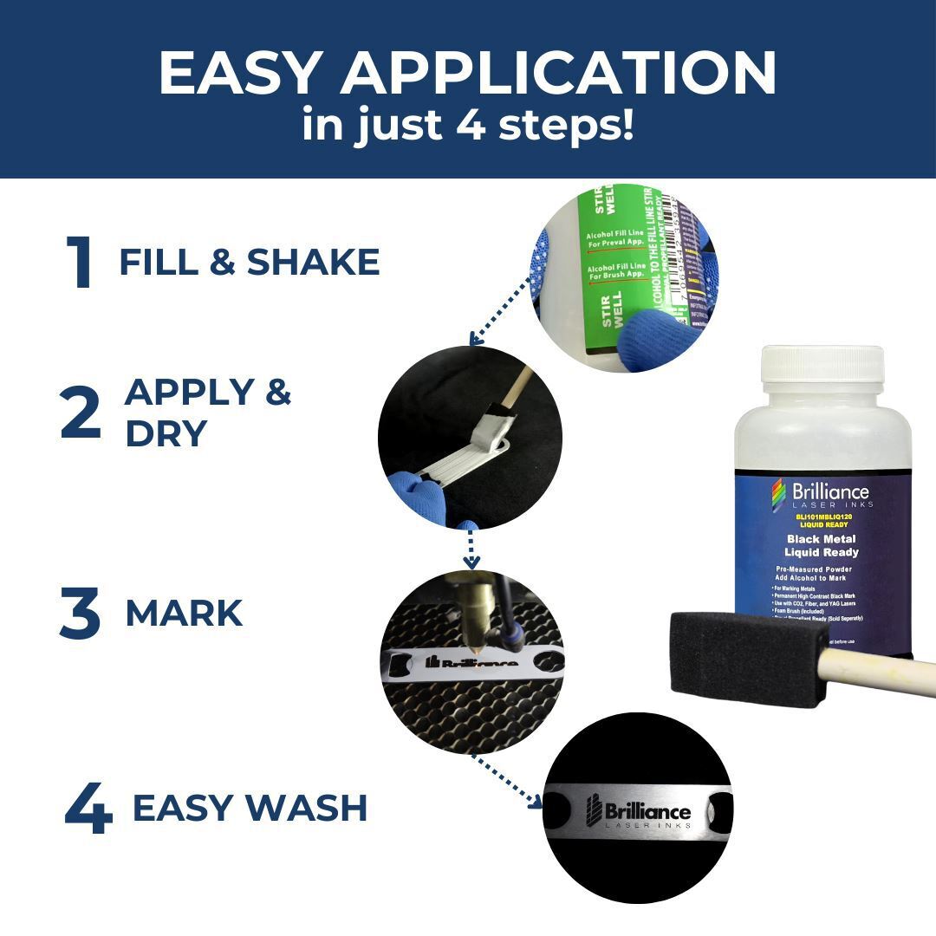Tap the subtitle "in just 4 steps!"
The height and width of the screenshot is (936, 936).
pos(468,124)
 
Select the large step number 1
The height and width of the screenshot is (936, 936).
pos(80,263)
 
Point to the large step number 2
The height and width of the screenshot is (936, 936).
pos(81,414)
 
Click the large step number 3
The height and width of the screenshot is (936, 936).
pos(81,614)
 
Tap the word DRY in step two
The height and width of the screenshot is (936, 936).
pos(166,433)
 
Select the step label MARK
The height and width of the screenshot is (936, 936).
pos(184,614)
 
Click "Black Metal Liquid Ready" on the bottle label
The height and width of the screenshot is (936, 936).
pos(821,545)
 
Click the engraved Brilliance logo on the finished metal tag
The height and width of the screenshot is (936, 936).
pos(639,812)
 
